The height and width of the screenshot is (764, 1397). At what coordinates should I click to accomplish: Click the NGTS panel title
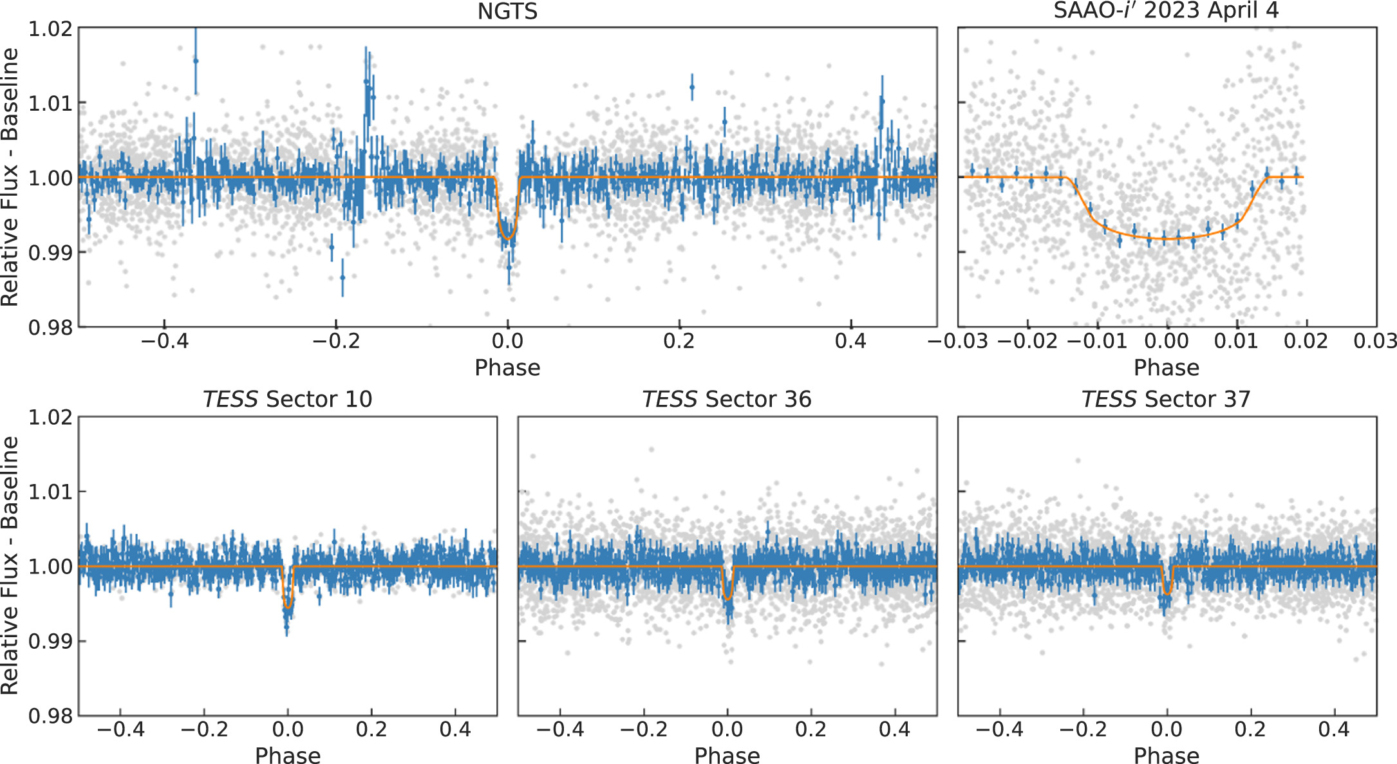(507, 12)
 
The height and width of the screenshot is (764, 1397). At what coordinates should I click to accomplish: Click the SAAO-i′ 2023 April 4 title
(1166, 11)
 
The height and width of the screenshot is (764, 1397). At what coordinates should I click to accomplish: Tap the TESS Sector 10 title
(287, 399)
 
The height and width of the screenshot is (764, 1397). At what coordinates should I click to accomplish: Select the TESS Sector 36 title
(727, 399)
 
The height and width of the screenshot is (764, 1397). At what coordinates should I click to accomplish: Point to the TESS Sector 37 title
(1166, 399)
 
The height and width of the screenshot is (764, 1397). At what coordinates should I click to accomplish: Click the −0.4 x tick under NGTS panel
(164, 340)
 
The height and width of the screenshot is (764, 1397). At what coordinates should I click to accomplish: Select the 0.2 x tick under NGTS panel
(679, 340)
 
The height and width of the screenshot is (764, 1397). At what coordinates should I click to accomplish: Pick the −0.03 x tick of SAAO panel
(957, 340)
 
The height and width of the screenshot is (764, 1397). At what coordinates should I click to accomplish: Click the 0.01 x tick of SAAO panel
(1236, 340)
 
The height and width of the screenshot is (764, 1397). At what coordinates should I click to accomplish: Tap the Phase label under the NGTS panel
(507, 368)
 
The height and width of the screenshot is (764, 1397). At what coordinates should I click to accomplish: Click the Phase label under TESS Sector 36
(727, 755)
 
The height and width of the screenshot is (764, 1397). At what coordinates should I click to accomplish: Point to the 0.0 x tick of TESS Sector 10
(288, 729)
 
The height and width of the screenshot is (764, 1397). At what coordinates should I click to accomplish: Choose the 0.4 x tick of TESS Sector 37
(1333, 729)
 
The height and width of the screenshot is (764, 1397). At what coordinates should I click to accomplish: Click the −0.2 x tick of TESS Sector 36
(643, 729)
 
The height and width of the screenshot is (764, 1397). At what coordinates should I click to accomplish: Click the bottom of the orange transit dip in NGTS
(508, 239)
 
